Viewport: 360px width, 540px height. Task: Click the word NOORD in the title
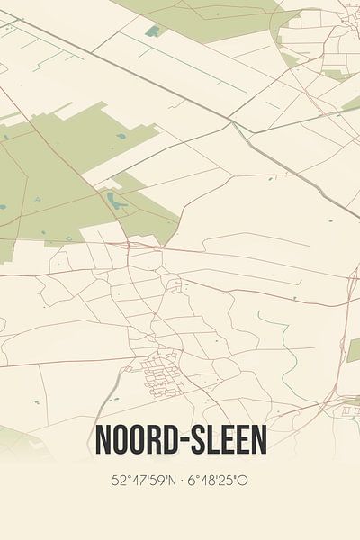135,440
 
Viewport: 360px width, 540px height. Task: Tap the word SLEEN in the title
225,440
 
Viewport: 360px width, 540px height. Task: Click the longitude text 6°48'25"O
220,480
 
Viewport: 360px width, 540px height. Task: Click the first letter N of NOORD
102,440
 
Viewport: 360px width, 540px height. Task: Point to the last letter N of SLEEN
258,440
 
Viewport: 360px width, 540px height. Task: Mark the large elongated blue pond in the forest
115,199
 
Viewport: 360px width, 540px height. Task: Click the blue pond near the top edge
153,31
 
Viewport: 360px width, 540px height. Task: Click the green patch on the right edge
354,350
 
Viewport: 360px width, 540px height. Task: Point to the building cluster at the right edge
349,410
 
